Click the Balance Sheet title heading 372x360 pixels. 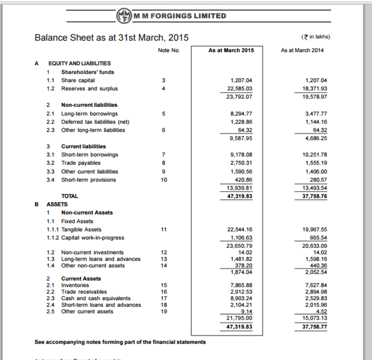[112, 38]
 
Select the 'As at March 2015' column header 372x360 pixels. [231, 51]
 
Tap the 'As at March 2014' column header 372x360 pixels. [304, 51]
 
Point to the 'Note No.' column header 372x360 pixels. [168, 51]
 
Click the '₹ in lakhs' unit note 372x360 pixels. [315, 37]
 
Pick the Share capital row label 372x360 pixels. [78, 81]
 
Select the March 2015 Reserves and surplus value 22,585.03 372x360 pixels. [241, 89]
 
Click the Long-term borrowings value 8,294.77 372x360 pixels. [241, 113]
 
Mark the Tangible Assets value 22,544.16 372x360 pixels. [241, 229]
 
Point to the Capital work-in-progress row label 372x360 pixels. [93, 238]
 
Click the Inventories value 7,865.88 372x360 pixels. [241, 285]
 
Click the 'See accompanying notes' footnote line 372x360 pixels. [120, 342]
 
